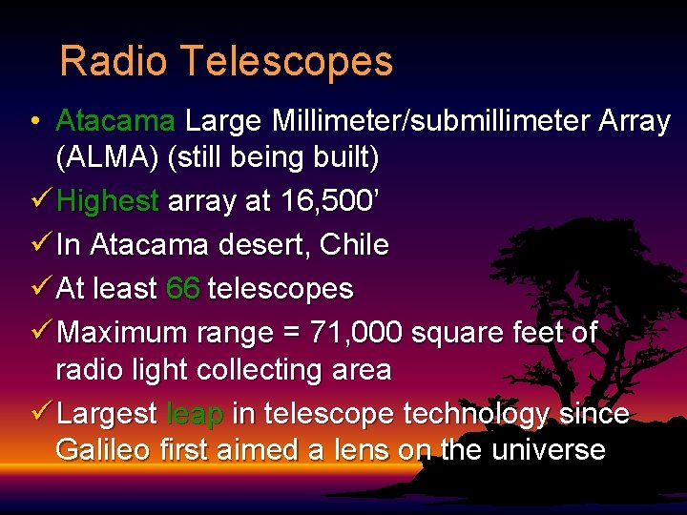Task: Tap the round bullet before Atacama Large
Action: pyautogui.click(x=33, y=122)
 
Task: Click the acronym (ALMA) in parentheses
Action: pyautogui.click(x=107, y=156)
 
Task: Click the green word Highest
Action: pyautogui.click(x=108, y=201)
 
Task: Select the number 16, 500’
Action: pyautogui.click(x=330, y=201)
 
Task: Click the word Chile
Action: pyautogui.click(x=354, y=245)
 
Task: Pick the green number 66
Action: pyautogui.click(x=182, y=288)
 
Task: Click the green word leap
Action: pyautogui.click(x=195, y=414)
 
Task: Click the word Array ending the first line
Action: pyautogui.click(x=634, y=122)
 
